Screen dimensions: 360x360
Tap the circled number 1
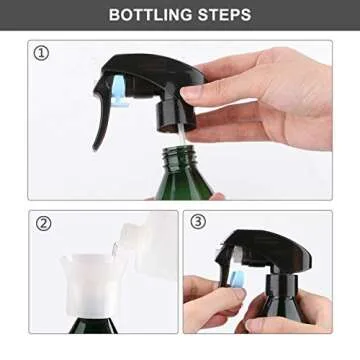42,53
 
